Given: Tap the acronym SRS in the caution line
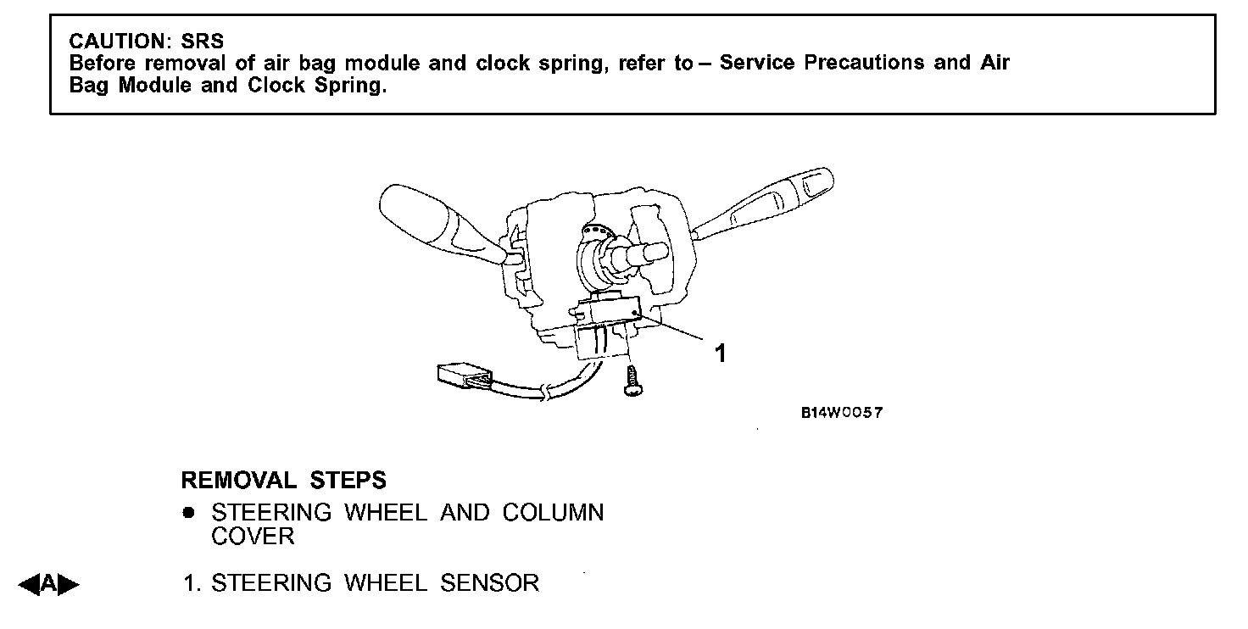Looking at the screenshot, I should coord(203,42).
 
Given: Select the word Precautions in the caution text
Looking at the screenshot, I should coord(864,63).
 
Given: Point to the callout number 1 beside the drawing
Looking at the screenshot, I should coord(720,353).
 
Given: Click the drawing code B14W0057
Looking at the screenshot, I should coord(842,413).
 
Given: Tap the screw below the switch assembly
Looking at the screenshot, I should coord(631,381).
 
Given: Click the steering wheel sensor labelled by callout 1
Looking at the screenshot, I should coord(609,313).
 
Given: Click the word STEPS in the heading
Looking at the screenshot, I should coord(348,481).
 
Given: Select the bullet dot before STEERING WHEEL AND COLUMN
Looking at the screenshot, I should coord(188,513).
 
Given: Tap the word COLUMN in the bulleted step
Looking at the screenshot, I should coord(553,513).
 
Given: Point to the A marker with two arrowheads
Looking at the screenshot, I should coord(49,583).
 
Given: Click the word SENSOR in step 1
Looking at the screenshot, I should coord(489,583).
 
